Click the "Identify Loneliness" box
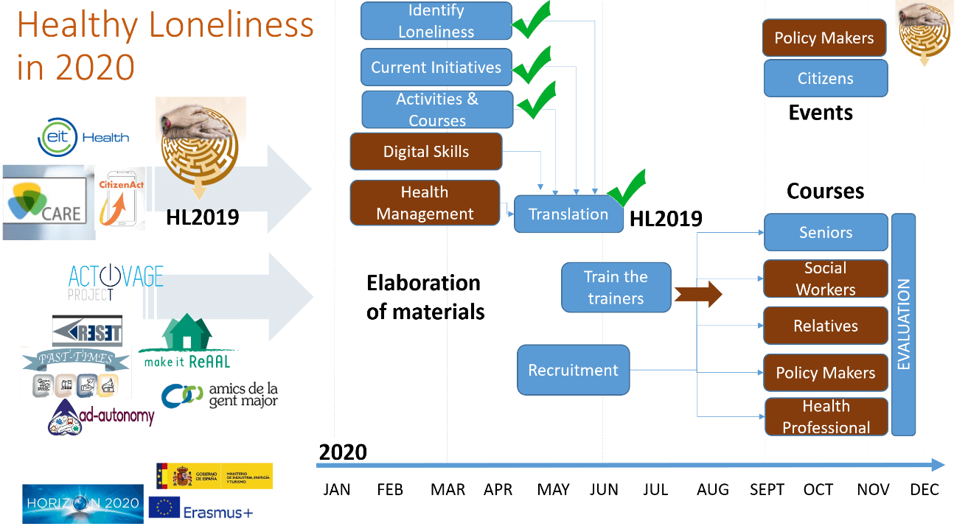click(x=436, y=21)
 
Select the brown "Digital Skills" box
click(x=426, y=152)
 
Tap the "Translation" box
click(x=568, y=214)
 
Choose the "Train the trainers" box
click(x=616, y=287)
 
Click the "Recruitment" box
click(x=574, y=370)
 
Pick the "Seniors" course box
click(x=826, y=233)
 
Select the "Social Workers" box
click(x=826, y=278)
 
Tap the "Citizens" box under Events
click(x=826, y=79)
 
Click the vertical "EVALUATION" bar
click(x=903, y=324)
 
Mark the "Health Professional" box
click(x=826, y=417)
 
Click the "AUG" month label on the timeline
click(x=712, y=490)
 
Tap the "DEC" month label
click(x=925, y=490)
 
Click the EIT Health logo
click(x=83, y=137)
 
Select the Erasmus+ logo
click(x=201, y=509)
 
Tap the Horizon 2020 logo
click(x=83, y=503)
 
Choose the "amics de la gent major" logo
click(x=220, y=394)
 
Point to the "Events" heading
click(x=821, y=113)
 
